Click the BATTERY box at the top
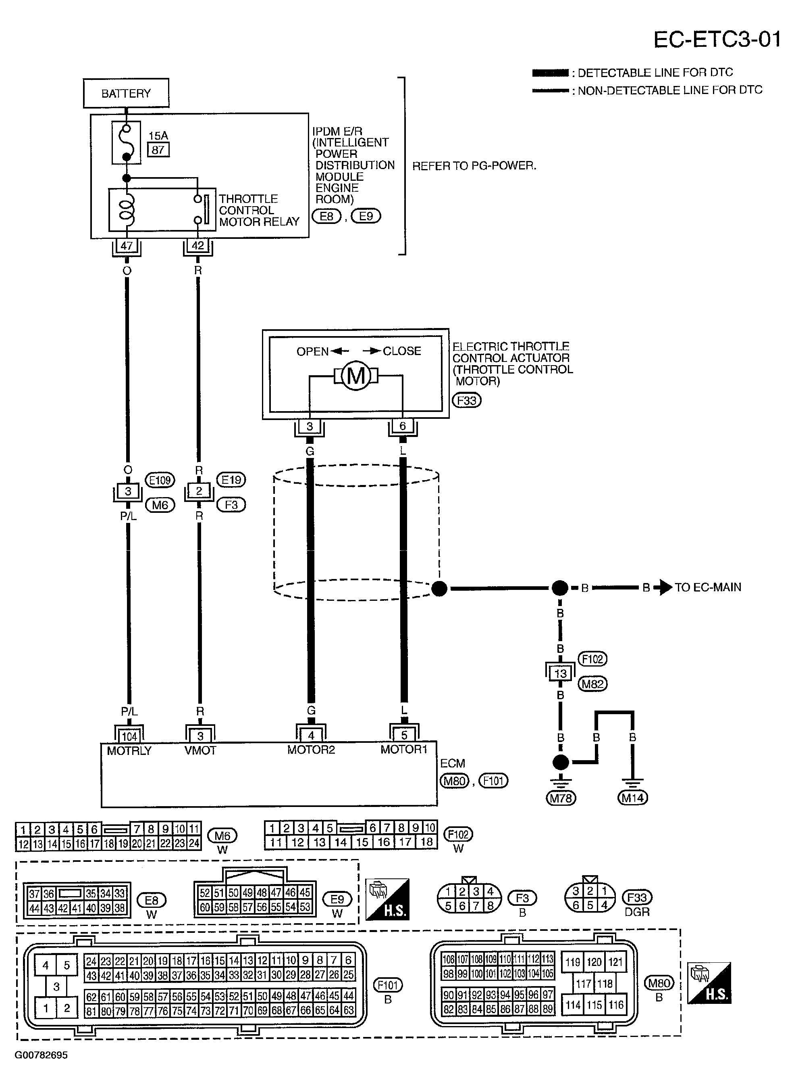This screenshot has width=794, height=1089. coord(126,93)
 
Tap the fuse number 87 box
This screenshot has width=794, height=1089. coord(158,150)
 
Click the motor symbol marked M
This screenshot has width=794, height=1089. coord(355,376)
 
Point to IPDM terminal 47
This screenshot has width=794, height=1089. coord(127,246)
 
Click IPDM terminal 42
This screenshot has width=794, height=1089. coord(197,246)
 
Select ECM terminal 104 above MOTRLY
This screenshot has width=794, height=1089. coord(129,736)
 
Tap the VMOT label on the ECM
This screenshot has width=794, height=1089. coord(200,750)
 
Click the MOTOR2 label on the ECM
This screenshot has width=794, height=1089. coord(311,749)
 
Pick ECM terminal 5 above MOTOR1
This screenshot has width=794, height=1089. coord(404,735)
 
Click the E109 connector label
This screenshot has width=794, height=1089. coord(160,480)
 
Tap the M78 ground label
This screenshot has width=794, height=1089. coord(560,798)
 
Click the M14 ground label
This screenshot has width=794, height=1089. coord(632,798)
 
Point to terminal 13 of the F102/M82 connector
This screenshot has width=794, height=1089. coord(560,673)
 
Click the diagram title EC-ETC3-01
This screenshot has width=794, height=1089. coord(717,40)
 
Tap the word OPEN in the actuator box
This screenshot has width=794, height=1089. coord(312,351)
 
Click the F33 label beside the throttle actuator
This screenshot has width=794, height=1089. coord(466,400)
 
